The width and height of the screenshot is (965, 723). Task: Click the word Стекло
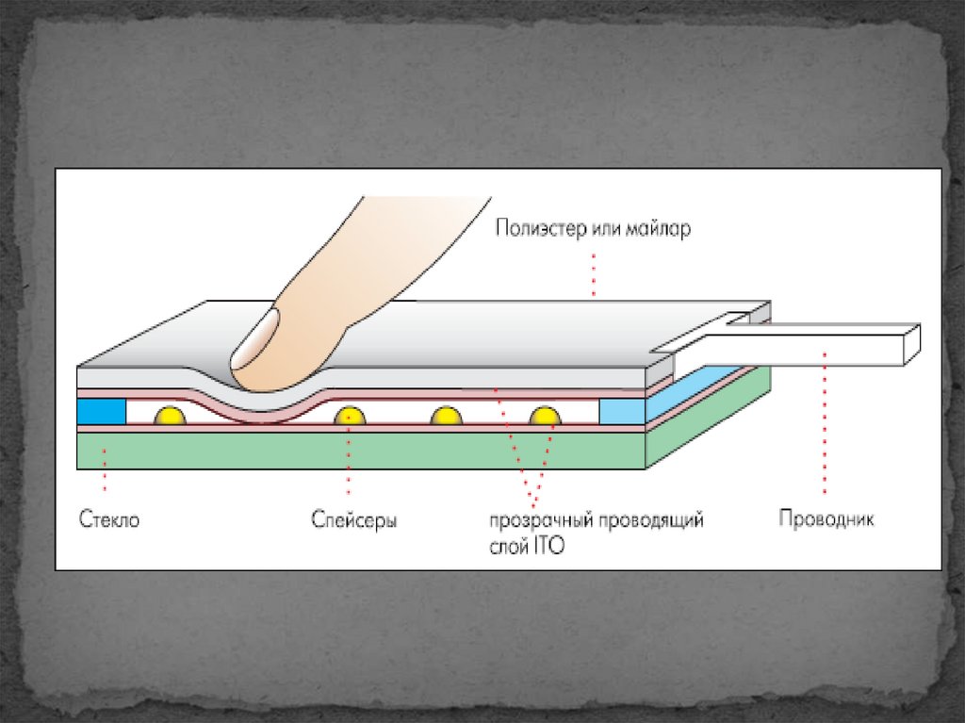click(108, 518)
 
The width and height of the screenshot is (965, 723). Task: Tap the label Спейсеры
click(353, 519)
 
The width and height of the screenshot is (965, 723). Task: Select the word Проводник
click(826, 518)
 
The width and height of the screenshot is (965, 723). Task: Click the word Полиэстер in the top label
click(541, 229)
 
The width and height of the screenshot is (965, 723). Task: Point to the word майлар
click(659, 229)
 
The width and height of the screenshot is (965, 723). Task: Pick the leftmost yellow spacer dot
click(171, 416)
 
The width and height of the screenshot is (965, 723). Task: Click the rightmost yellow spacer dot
click(545, 416)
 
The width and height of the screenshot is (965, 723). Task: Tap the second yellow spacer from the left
click(349, 416)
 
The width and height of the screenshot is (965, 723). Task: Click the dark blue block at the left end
click(101, 411)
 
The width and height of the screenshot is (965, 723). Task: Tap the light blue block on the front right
click(621, 411)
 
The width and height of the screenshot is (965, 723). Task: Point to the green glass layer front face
click(358, 450)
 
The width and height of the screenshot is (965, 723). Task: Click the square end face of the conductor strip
click(910, 345)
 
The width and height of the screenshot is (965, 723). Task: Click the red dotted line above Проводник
click(825, 424)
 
